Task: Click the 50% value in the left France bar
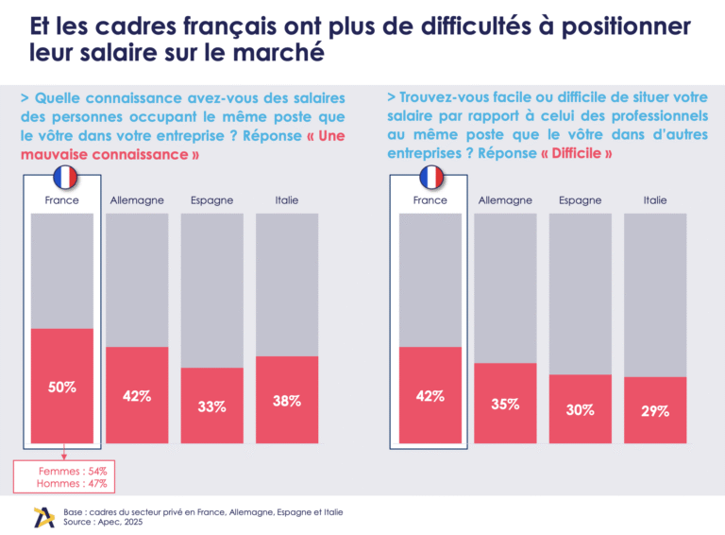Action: click(62, 388)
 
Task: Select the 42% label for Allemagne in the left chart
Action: click(137, 396)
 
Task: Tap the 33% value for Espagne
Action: click(211, 406)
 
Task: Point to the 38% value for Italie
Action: click(287, 401)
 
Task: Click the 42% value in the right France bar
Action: click(430, 396)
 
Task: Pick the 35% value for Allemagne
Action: click(505, 405)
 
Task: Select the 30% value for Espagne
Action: click(580, 410)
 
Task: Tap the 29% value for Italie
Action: click(655, 411)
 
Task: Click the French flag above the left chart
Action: click(63, 177)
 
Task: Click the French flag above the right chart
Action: click(431, 177)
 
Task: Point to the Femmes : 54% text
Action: click(73, 471)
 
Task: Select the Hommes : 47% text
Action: click(73, 483)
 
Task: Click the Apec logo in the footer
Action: click(43, 516)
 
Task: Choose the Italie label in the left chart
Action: click(287, 200)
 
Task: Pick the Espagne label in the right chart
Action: click(580, 200)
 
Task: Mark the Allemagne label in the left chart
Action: click(137, 200)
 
